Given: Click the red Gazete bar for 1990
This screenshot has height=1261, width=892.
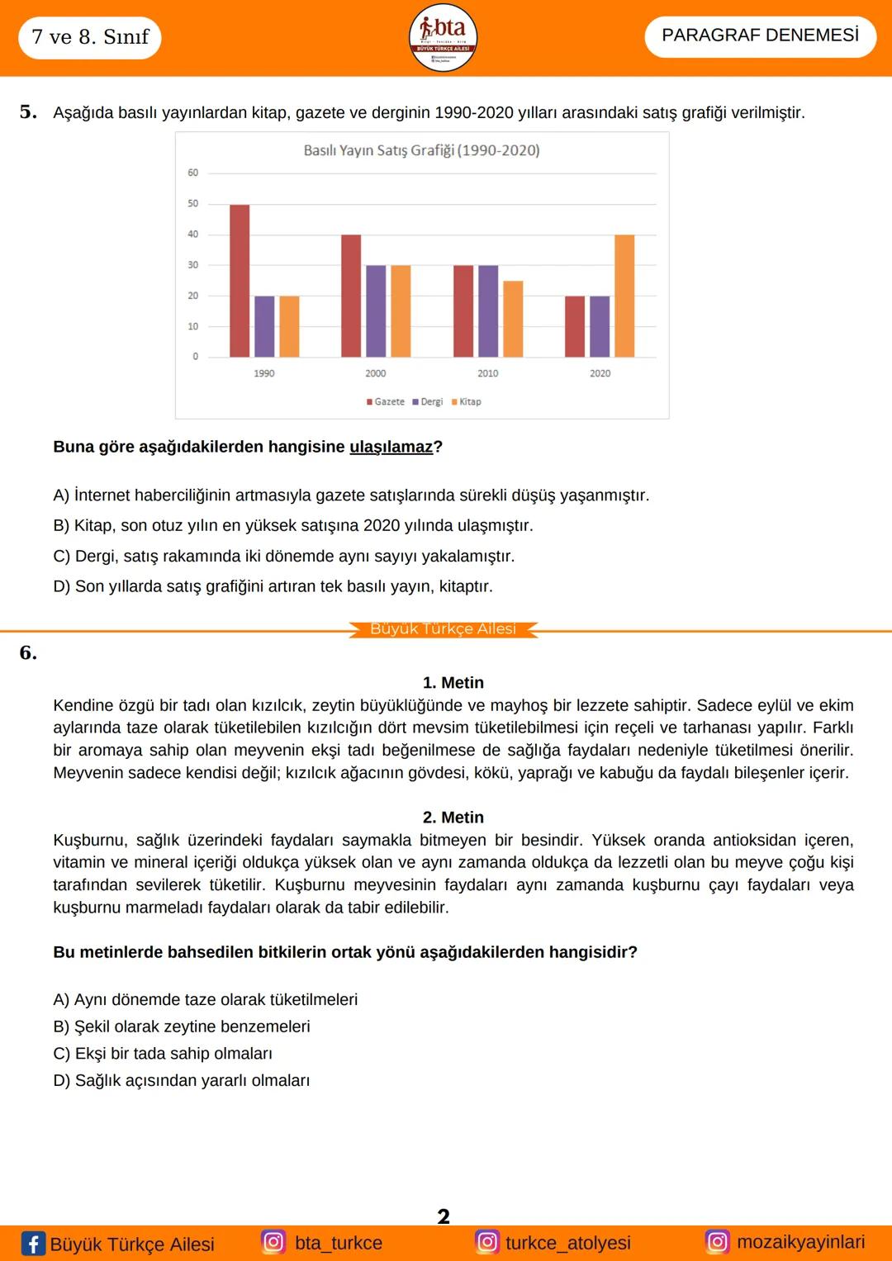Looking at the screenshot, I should (240, 281).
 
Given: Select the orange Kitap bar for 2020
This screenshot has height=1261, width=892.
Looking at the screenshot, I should (624, 296).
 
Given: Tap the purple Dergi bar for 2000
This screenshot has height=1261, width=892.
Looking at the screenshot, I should (376, 311).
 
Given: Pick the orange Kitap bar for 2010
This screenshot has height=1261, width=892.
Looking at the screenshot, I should (513, 319).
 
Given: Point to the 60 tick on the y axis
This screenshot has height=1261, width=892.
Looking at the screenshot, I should (192, 173).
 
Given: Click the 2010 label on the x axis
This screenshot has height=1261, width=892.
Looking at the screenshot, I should (488, 373).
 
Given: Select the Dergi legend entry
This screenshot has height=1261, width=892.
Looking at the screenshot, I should (428, 402).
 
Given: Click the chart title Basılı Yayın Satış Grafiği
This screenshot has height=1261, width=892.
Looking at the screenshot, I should (421, 150).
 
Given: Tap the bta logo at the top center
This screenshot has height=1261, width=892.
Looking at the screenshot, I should (444, 37).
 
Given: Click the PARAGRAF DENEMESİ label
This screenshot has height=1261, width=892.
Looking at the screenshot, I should (760, 36).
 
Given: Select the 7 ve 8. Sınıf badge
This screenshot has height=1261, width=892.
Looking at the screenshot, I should (90, 37).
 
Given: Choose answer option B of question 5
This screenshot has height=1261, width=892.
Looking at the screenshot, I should (293, 526).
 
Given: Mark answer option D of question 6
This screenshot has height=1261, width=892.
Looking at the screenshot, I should (182, 1081).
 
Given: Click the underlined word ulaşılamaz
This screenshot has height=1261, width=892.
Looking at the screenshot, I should (391, 447).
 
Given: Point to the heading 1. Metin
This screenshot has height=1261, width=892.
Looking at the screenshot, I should (453, 683).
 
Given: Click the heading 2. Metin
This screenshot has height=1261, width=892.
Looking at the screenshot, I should (453, 818).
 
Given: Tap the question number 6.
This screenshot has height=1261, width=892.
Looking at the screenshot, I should (28, 653).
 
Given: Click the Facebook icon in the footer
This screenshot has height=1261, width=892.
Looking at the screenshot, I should (33, 1244).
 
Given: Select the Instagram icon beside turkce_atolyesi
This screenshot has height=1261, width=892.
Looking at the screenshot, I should (487, 1242).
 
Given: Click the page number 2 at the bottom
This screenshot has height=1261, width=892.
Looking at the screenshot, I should (444, 1216).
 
